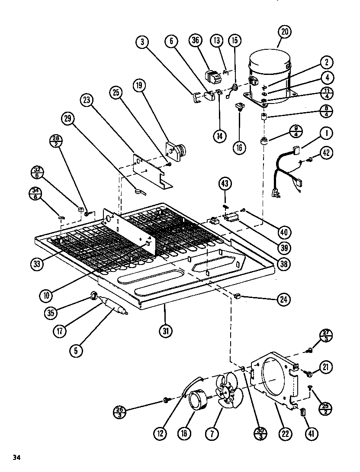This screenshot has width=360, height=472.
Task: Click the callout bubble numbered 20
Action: pos(285,32)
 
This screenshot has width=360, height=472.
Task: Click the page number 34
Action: pos(16,457)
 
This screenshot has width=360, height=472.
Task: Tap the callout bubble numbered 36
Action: pos(195,41)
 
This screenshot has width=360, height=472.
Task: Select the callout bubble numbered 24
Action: pos(283,299)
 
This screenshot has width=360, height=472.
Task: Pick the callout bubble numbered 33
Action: pos(37,263)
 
